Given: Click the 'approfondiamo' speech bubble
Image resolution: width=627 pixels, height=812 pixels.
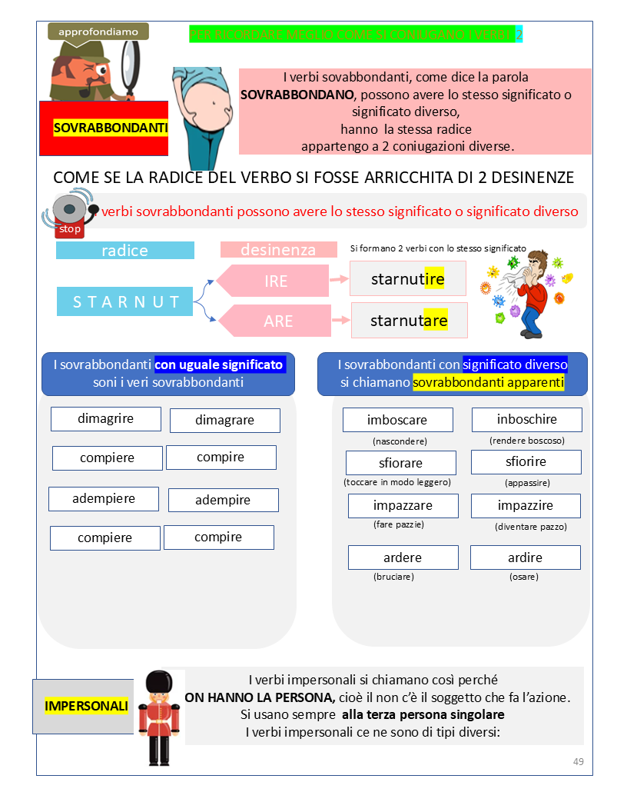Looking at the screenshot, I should coord(98,32).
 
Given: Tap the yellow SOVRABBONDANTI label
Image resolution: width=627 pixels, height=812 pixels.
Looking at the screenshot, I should coord(111,128).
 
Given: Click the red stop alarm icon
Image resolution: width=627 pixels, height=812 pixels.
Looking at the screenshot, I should coord(70,213).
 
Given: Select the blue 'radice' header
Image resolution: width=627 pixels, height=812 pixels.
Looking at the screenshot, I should coord(125,251).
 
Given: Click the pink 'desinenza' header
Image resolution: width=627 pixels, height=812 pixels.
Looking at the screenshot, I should coord(278,250).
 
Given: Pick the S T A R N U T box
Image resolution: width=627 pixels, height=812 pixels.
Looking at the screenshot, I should coord(125,301).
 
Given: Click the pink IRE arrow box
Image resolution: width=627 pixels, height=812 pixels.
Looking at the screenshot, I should coord(274,281).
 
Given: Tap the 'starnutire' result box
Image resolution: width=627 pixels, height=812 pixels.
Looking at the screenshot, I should coord(408,278).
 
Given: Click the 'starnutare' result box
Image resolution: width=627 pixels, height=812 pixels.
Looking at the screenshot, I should coord(409,320).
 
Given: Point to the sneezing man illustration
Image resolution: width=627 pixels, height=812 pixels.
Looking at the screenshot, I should coord(529,292).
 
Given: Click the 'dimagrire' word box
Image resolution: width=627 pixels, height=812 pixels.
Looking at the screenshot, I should coord(106,419).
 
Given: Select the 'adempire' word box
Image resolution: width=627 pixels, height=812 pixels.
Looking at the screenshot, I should coord(223,500).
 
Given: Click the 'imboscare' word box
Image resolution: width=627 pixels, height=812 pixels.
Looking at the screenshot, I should coord(397,420).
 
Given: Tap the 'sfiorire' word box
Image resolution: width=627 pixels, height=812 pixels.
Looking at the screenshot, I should coord(526,462).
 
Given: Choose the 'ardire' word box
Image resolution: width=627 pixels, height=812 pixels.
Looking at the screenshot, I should coord(525,557).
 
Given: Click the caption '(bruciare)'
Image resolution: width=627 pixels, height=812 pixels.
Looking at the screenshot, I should coord(393,576).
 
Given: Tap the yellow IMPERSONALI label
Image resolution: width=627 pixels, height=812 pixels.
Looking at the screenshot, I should coord(86,706).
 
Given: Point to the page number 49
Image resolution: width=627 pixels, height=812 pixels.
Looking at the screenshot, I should coord(579,761).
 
